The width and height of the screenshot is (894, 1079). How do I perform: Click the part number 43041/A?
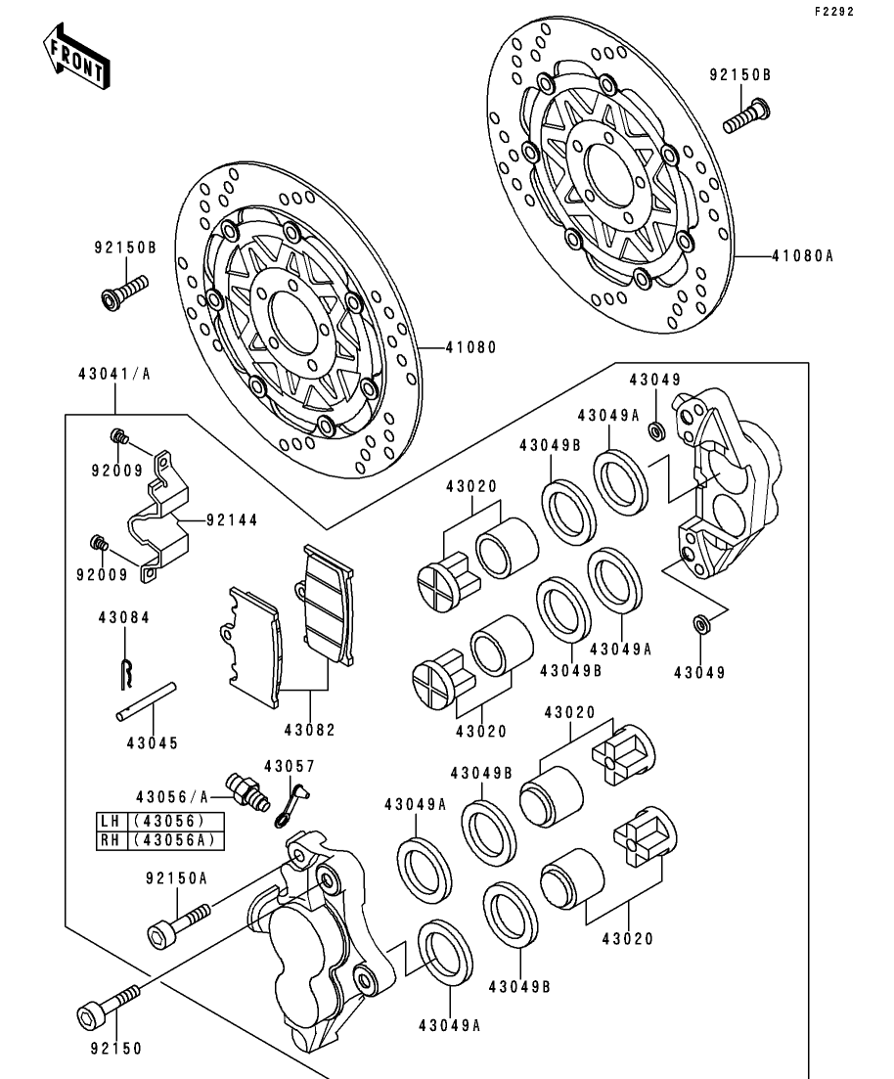point(114,373)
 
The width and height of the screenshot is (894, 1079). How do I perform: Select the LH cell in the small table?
point(111,822)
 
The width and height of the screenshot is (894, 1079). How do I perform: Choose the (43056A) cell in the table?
point(177,840)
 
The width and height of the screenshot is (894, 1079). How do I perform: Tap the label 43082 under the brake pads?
point(310,729)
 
